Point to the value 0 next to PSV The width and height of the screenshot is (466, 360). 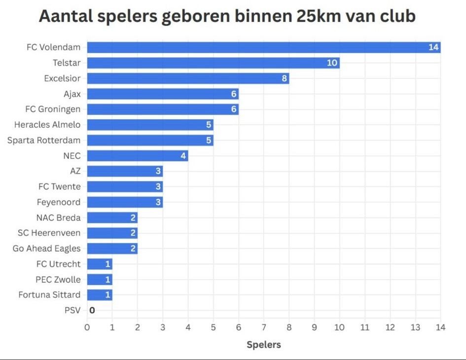coord(92,310)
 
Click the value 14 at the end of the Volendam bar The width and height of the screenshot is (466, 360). coord(433,47)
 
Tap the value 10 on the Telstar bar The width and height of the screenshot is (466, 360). coord(332,63)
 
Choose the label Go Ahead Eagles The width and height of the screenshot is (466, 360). coord(47,249)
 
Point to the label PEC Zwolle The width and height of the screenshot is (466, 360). coord(58,280)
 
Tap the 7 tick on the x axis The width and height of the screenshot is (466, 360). coord(264,327)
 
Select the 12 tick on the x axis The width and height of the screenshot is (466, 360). coord(390,327)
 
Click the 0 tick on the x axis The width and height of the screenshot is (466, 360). coord(87,327)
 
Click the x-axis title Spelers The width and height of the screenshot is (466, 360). coord(264,345)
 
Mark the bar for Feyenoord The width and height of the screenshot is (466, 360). coord(125,202)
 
